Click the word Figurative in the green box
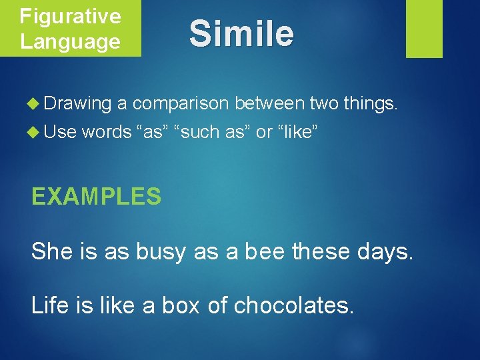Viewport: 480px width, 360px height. (x=70, y=16)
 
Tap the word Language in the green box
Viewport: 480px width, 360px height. (x=70, y=41)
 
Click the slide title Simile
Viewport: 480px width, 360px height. (x=241, y=34)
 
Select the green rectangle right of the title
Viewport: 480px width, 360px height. (x=424, y=29)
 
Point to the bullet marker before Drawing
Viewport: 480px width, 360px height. (x=37, y=103)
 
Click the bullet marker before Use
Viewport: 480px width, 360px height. (x=37, y=132)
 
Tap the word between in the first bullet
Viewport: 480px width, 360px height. (x=269, y=103)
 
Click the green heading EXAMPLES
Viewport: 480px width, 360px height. (x=97, y=197)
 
